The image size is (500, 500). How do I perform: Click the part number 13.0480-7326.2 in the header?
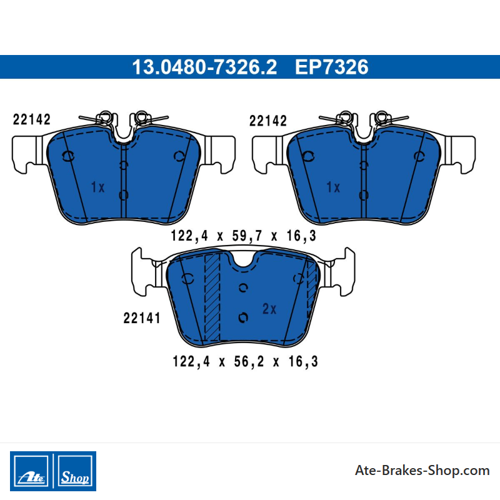point(204,67)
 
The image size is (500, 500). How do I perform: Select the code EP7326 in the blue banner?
point(332,67)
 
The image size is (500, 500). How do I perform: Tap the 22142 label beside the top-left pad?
point(32,119)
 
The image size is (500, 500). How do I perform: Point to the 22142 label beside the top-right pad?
point(268,121)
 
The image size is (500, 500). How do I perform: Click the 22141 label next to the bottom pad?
point(142,318)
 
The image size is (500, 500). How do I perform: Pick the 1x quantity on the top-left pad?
point(97,187)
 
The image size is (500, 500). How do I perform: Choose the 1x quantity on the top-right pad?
point(333,187)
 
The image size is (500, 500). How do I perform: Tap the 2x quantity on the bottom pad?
point(269,309)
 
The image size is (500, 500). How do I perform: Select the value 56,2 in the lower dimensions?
point(249,362)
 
